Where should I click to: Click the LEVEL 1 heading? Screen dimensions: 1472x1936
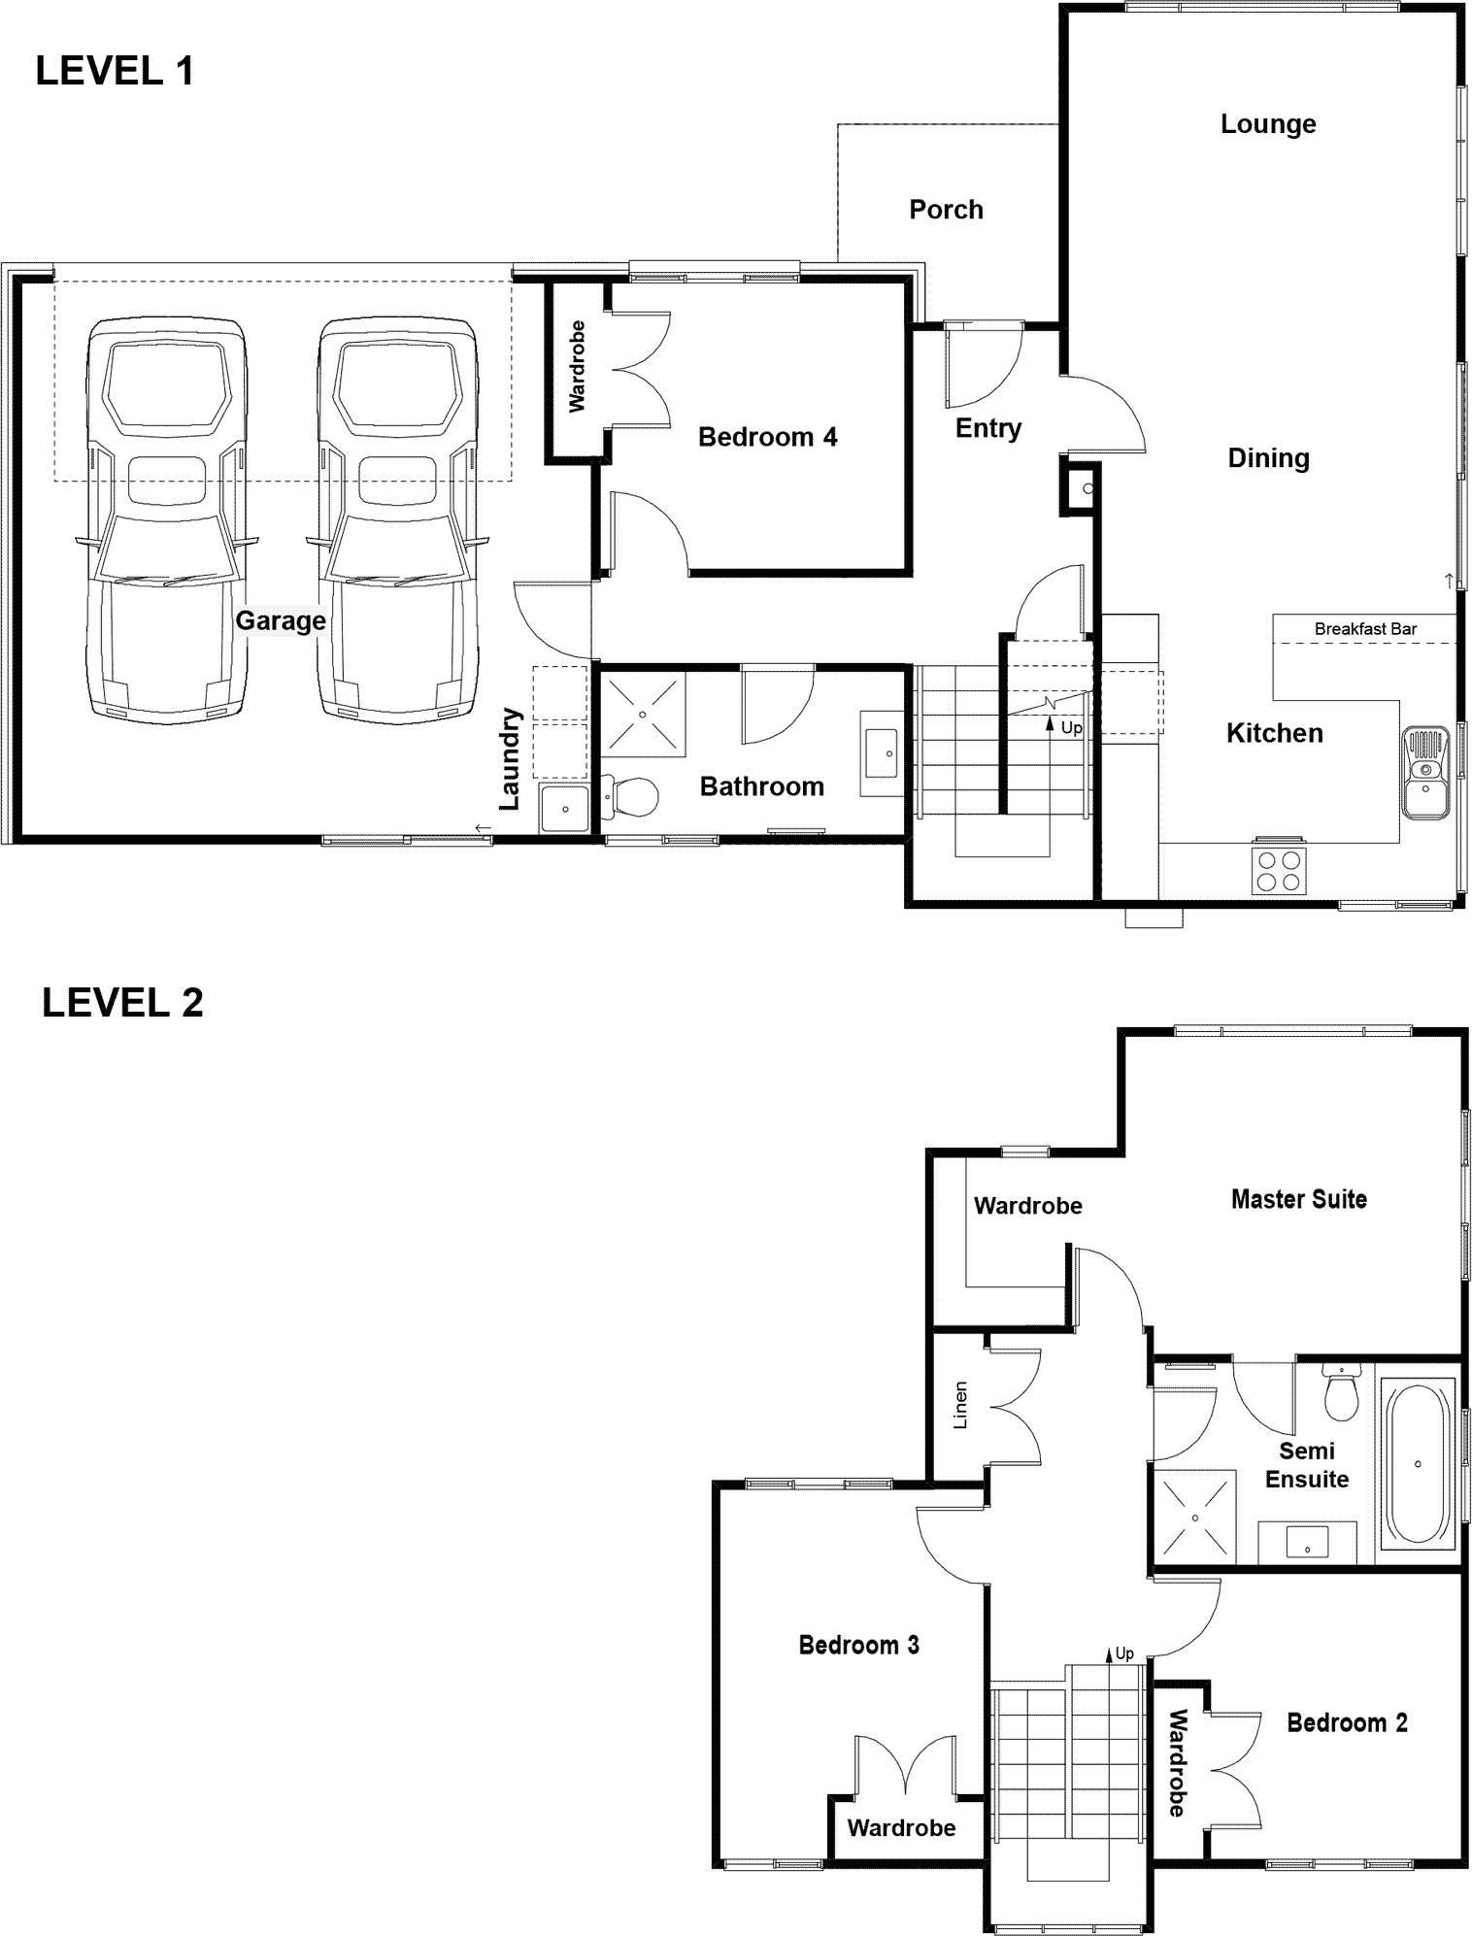point(115,72)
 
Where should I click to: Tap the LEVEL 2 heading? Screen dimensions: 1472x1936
point(122,1003)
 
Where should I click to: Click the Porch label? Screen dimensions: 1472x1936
point(946,210)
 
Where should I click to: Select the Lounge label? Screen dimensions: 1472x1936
point(1268,125)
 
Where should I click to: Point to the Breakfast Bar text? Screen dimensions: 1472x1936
point(1365,629)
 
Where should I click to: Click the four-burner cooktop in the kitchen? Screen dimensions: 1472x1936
point(1280,870)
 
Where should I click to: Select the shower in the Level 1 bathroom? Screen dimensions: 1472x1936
point(643,714)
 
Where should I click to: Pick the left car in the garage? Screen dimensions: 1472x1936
point(166,518)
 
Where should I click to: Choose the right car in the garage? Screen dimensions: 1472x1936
point(397,518)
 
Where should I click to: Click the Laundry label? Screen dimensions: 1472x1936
point(510,758)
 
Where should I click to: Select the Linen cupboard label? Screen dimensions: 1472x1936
point(960,1405)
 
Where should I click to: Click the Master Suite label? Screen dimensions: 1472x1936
point(1299,1200)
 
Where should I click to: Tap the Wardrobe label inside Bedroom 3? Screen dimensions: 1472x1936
point(901,1828)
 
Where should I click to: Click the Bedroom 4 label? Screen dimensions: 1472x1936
point(767,438)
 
